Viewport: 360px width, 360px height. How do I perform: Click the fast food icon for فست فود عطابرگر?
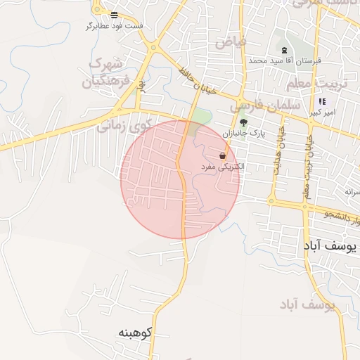[115, 15]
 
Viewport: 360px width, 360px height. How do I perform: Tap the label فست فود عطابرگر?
[114, 26]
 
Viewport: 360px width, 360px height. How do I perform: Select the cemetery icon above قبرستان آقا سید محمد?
[284, 50]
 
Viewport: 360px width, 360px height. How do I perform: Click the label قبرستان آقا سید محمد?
[284, 60]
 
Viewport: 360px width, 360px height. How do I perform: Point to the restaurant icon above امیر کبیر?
[322, 102]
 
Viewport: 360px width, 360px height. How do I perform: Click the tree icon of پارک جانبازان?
[243, 122]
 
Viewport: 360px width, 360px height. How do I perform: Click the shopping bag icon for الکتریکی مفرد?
[222, 155]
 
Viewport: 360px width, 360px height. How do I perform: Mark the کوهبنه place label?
[135, 331]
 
